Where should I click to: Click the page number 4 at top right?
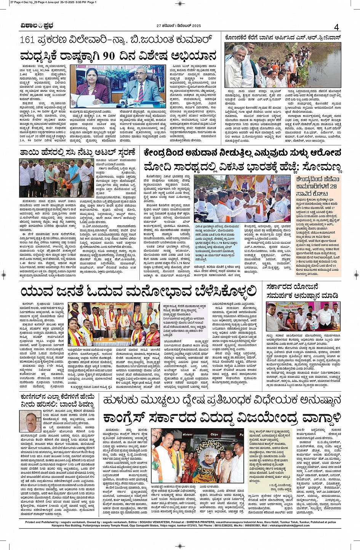click(x=336, y=27)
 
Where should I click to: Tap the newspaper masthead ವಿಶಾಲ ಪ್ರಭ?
click(x=37, y=26)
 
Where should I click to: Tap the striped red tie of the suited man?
click(x=141, y=92)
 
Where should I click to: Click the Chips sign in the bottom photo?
click(x=214, y=434)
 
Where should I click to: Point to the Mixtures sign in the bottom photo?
click(x=187, y=434)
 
